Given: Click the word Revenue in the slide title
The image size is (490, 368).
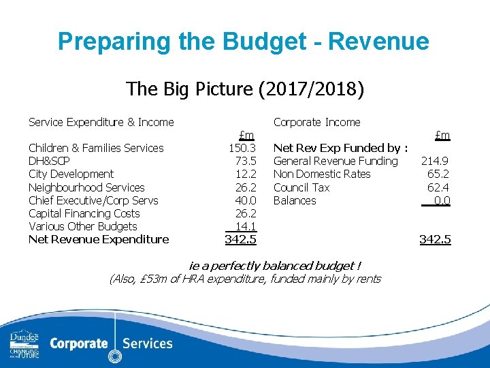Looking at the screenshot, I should [x=378, y=42].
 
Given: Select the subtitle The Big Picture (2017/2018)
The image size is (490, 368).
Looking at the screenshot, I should [x=245, y=89].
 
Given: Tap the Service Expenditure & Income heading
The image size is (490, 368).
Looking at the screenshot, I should [x=101, y=123].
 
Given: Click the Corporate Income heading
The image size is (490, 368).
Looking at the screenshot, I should [x=316, y=123].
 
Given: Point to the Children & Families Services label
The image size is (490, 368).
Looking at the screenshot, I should [x=96, y=148].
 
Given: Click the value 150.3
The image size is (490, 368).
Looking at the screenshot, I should [x=242, y=148].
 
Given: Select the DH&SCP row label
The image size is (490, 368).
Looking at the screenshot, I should [x=49, y=161].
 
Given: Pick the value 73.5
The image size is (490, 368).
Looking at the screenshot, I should [x=245, y=161].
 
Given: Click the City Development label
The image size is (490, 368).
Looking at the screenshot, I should [x=71, y=174].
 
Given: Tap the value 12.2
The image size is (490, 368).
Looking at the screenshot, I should [x=245, y=174].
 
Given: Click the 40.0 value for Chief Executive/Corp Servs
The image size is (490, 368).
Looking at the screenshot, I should [x=245, y=200].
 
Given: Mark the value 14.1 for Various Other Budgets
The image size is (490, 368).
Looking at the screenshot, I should [x=244, y=226].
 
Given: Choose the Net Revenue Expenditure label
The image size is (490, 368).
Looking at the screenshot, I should [x=99, y=239].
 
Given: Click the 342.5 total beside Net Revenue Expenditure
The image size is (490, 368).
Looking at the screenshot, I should [x=240, y=239].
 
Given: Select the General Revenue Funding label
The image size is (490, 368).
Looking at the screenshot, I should [x=336, y=161].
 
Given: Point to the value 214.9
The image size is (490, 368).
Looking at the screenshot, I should [x=435, y=161].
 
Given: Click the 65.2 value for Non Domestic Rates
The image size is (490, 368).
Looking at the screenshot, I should [x=438, y=174].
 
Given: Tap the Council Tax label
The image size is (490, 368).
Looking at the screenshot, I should [x=301, y=187].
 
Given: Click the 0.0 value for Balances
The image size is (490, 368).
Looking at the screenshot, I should [x=441, y=200].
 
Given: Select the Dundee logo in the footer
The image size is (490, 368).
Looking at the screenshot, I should [x=24, y=343].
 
